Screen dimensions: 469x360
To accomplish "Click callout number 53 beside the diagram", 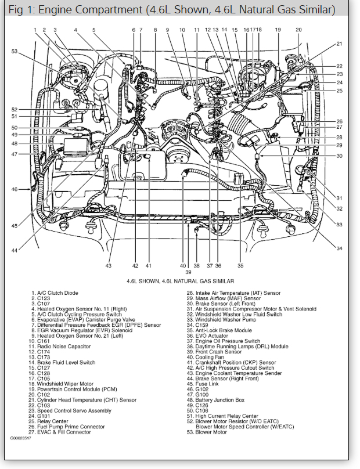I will (15, 52).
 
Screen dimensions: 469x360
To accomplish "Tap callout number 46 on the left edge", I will (15, 189).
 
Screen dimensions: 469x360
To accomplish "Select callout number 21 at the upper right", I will (339, 44).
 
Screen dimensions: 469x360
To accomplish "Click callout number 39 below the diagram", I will (188, 272).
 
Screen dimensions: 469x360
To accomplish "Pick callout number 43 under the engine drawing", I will (109, 266).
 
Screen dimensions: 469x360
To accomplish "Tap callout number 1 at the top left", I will (35, 30).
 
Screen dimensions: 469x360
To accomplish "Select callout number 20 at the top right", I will (298, 30).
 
